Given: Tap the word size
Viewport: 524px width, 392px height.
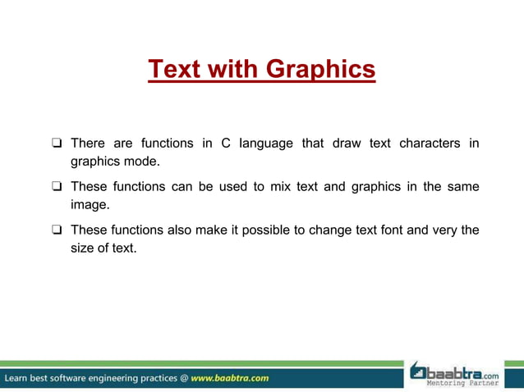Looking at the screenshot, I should [x=83, y=248].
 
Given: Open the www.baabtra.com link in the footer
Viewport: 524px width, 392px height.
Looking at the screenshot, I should [x=229, y=378].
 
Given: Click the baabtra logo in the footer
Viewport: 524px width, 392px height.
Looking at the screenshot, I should [x=454, y=371].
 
